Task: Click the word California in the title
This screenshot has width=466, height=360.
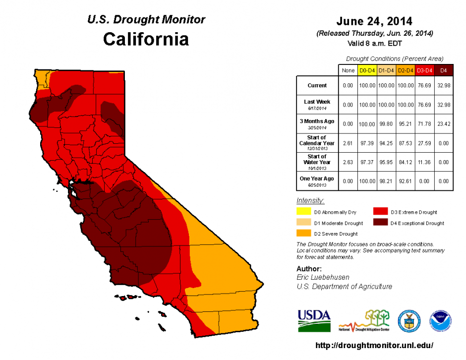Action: (146, 39)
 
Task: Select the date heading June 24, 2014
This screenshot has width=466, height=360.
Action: (374, 21)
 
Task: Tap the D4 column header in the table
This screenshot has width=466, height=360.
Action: (444, 71)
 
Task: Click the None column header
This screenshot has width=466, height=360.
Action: (348, 71)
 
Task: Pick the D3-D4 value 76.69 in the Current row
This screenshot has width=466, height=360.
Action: (424, 86)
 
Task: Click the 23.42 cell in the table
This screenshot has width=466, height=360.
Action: (444, 123)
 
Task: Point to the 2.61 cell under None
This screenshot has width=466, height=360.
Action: (348, 143)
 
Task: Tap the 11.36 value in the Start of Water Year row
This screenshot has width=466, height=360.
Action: (424, 162)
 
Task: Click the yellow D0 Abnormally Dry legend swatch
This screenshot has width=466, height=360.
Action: (304, 212)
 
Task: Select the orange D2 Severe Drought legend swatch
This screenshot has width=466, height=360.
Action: (304, 234)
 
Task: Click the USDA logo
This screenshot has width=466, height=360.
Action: (314, 320)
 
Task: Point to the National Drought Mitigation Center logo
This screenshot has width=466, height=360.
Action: (364, 321)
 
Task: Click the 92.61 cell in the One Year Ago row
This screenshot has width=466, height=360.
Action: (405, 181)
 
